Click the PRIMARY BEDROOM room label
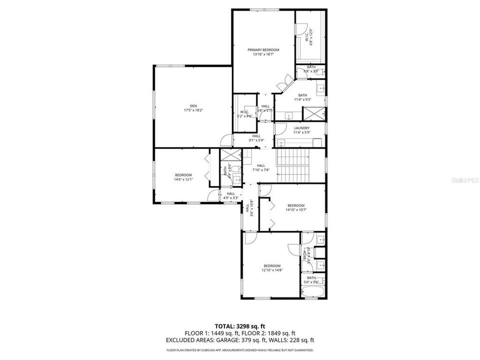263,52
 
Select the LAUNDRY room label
301,130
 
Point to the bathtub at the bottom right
313,292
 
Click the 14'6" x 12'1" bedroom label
183,176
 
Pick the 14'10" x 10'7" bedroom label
296,207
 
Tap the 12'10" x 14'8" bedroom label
272,268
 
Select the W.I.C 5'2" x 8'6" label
244,113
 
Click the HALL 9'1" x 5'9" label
256,138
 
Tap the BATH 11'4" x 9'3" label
303,97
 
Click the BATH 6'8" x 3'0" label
311,69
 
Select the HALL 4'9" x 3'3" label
230,195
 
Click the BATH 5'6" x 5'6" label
311,280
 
